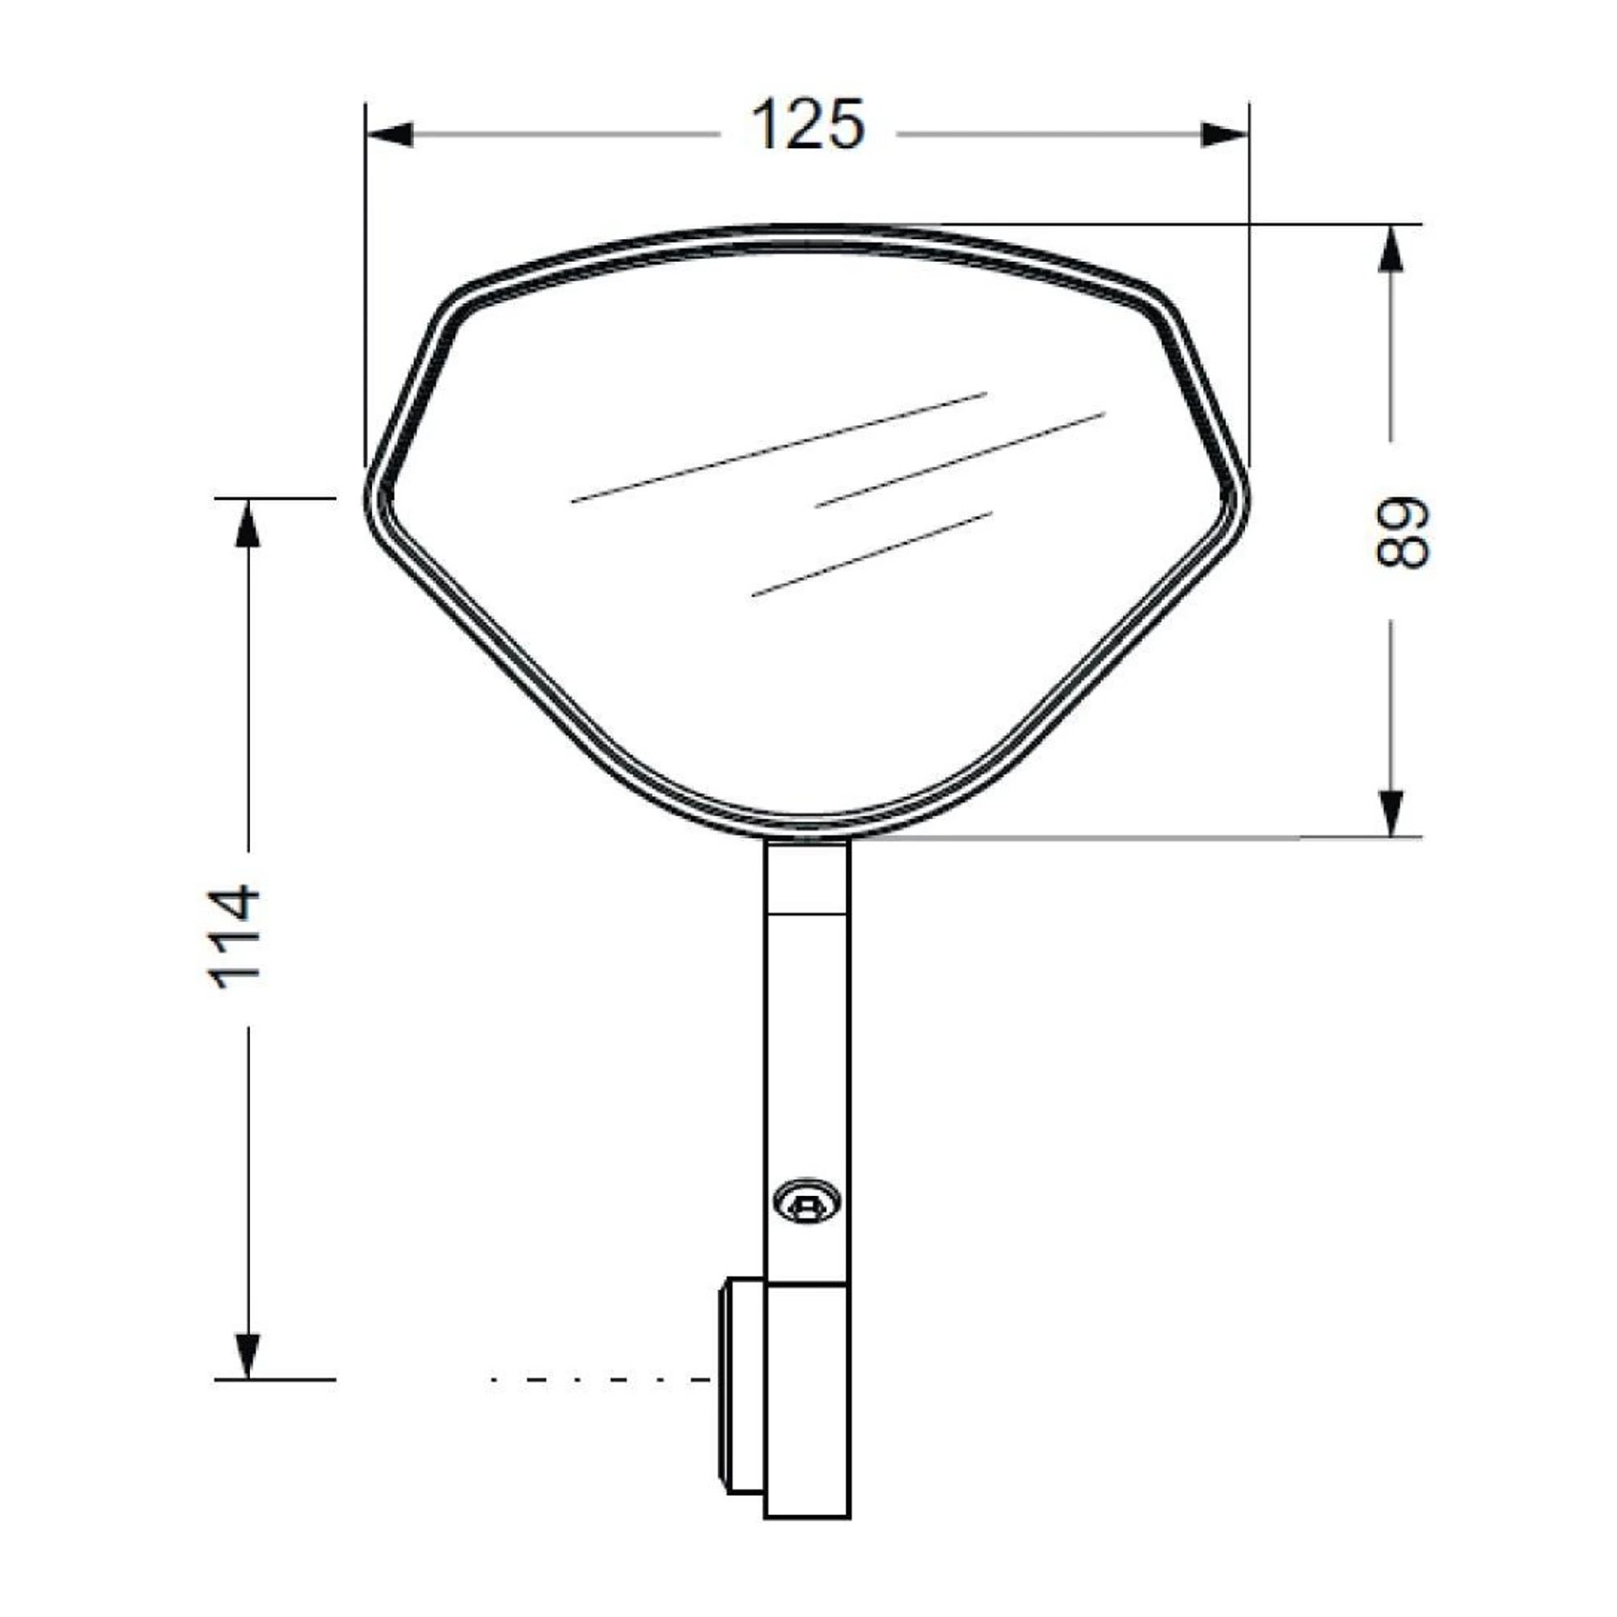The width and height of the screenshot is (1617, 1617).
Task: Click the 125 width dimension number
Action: click(x=808, y=125)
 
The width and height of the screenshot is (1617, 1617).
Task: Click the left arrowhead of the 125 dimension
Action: click(x=390, y=134)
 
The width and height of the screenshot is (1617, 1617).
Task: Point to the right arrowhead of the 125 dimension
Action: click(x=1224, y=134)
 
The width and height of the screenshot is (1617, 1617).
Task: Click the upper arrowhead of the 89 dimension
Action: click(x=1391, y=247)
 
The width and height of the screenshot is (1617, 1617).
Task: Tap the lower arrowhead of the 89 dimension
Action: click(x=1391, y=813)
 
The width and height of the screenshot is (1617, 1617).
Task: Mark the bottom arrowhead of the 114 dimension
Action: click(x=248, y=1354)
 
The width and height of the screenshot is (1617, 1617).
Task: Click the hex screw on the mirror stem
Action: click(x=807, y=1203)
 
